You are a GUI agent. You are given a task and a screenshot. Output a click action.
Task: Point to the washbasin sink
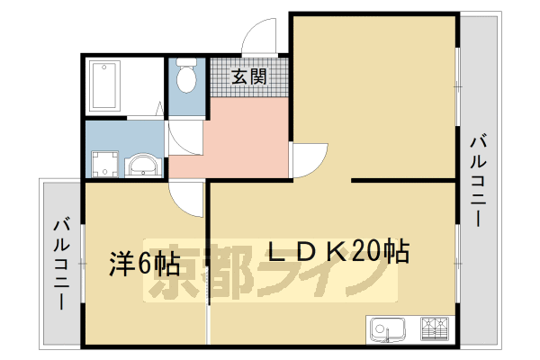click(141, 166)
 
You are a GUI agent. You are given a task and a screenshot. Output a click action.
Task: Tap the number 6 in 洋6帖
click(143, 264)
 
